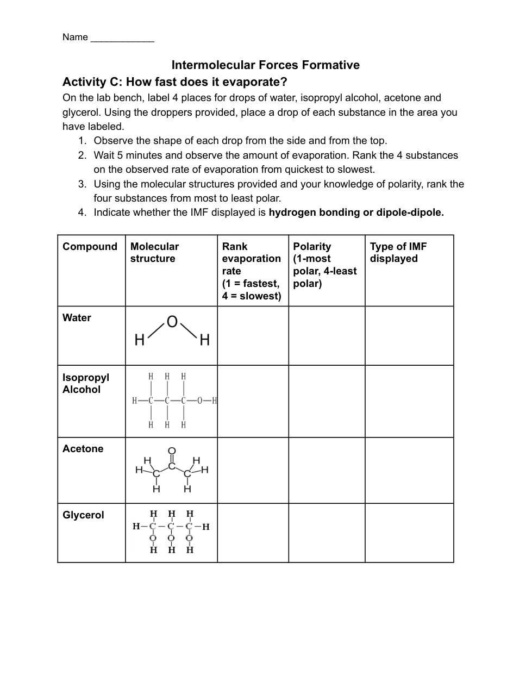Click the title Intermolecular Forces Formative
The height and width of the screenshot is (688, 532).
[x=265, y=65]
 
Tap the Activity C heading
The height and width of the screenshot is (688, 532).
[x=174, y=82]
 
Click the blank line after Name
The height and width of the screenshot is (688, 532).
[x=122, y=38]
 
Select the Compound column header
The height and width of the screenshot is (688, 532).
[x=90, y=247]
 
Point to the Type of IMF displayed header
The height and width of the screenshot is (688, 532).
[x=398, y=253]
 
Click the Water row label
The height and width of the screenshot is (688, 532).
[x=77, y=318]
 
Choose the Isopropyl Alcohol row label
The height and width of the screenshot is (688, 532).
[x=85, y=383]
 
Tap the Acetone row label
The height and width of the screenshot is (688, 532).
[x=83, y=449]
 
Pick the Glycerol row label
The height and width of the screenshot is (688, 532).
[x=83, y=515]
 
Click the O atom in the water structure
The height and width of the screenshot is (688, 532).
[x=172, y=322]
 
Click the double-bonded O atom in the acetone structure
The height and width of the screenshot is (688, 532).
[x=172, y=451]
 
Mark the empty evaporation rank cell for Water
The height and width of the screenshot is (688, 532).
[x=253, y=336]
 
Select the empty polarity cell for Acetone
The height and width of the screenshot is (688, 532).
[x=327, y=471]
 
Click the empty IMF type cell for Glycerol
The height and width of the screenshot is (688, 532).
[x=409, y=533]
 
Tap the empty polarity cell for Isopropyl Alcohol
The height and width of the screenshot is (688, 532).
[x=327, y=402]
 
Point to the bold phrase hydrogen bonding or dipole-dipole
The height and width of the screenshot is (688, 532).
[x=356, y=212]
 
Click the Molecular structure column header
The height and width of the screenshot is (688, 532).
[x=154, y=253]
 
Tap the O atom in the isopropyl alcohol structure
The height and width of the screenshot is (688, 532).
[x=200, y=401]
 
